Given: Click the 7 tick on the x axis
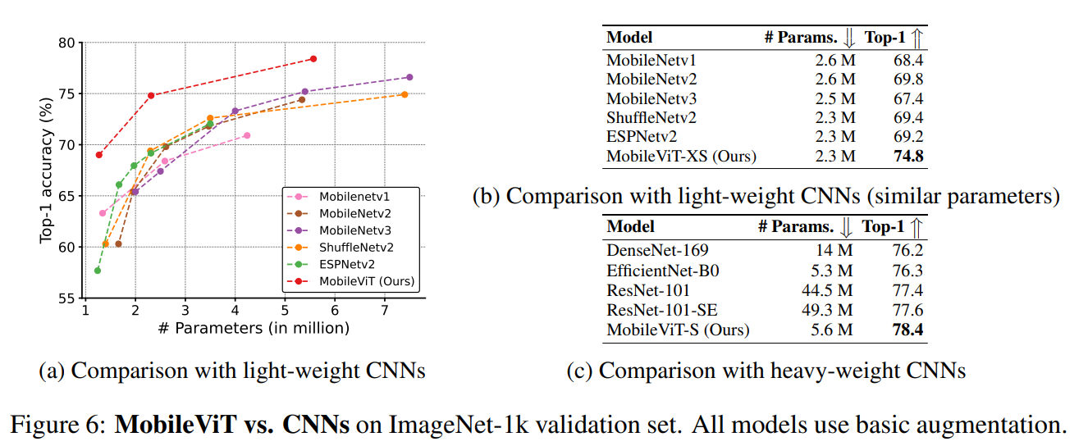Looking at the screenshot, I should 385,312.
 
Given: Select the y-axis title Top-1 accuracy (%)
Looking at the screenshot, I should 47,171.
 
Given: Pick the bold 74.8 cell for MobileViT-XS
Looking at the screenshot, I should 907,156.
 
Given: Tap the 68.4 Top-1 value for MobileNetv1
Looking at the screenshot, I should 907,60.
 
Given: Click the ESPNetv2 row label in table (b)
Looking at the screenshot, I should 642,136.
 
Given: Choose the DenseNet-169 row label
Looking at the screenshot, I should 657,251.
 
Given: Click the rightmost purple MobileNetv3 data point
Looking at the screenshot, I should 409,77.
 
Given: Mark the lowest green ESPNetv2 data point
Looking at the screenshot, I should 98,271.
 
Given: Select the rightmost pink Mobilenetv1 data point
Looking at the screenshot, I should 247,135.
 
